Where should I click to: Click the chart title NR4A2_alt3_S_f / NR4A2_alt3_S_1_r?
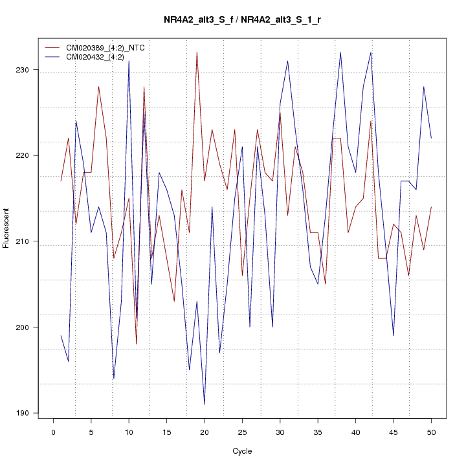click(x=242, y=20)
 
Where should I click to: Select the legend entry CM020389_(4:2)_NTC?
click(x=100, y=48)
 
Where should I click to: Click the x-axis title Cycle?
click(x=242, y=451)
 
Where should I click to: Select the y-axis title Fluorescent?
click(x=7, y=228)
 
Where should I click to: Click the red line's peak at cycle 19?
click(x=197, y=52)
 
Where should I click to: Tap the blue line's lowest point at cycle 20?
click(x=205, y=405)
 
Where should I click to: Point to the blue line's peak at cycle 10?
click(x=129, y=61)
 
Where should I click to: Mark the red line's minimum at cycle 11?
click(x=137, y=344)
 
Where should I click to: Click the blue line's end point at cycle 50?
click(x=431, y=138)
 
